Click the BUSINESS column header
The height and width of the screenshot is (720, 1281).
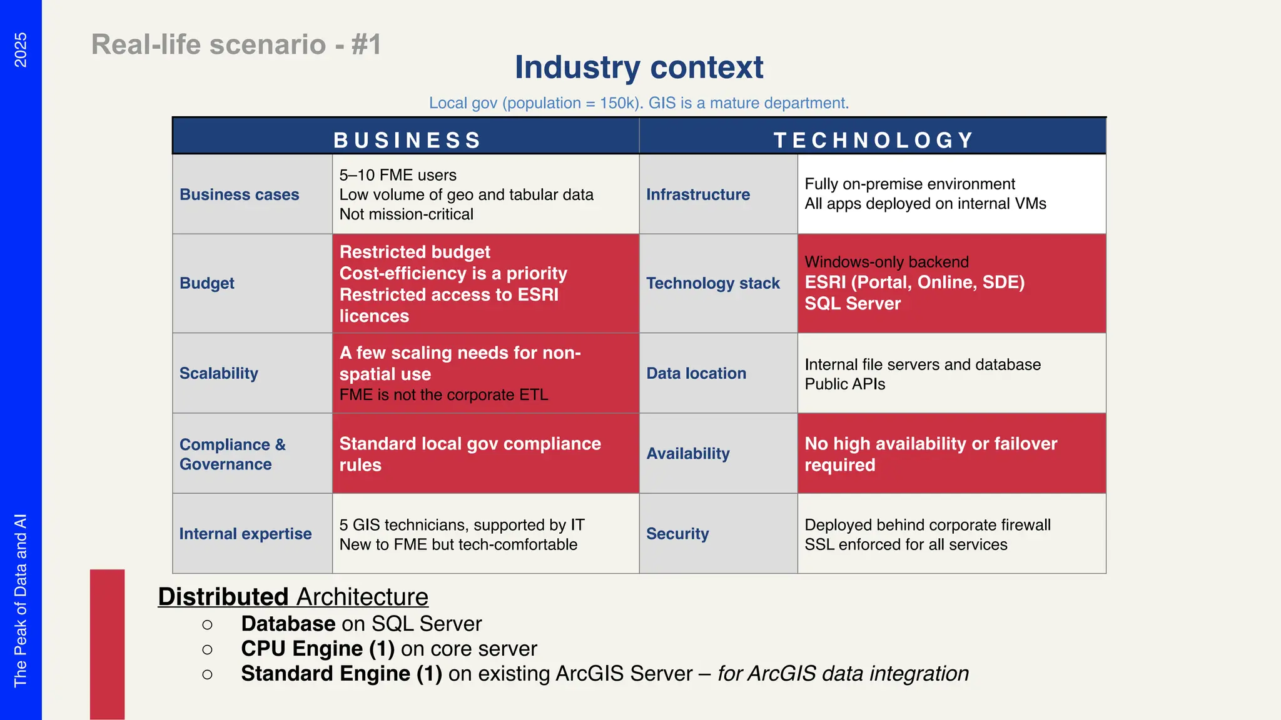[x=407, y=140]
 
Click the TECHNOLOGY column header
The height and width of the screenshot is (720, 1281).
[x=874, y=140]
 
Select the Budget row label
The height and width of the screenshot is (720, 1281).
[x=207, y=283]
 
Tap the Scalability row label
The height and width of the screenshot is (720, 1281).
[x=219, y=373]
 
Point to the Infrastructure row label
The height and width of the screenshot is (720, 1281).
[x=698, y=194]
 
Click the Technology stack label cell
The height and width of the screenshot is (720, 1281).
[x=713, y=283]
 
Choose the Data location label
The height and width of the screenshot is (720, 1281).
[x=696, y=373]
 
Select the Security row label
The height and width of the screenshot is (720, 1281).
[x=677, y=534]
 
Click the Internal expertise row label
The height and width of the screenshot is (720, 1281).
[x=245, y=534]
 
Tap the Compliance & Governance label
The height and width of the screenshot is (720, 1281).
[x=232, y=454]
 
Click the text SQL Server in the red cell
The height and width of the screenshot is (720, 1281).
[x=853, y=304]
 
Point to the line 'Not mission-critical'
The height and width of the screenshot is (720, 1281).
[x=407, y=214]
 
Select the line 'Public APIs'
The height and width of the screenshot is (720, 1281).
[x=845, y=384]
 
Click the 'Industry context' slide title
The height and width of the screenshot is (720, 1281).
[x=639, y=67]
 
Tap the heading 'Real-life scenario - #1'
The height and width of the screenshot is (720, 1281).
[x=236, y=45]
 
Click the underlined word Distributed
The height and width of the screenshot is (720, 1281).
[x=223, y=597]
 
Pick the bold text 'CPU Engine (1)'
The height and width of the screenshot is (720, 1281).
[x=318, y=649]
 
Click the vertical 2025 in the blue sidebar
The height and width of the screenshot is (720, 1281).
[x=21, y=50]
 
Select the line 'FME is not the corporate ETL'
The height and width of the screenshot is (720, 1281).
[x=444, y=395]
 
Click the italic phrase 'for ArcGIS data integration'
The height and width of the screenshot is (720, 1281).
[x=843, y=674]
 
